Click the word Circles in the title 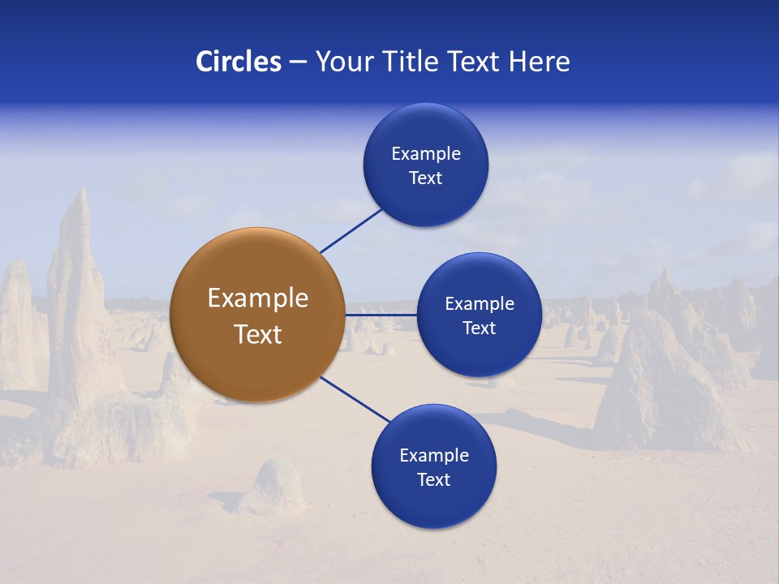(239, 62)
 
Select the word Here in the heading (539, 62)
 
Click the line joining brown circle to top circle (351, 231)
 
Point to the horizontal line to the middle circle (381, 315)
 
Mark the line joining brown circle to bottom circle (354, 399)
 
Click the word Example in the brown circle (258, 298)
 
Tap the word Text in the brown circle (258, 334)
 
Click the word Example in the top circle (426, 154)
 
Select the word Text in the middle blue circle (480, 328)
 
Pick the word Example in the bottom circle (434, 456)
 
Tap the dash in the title (298, 62)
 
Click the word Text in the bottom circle (434, 480)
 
